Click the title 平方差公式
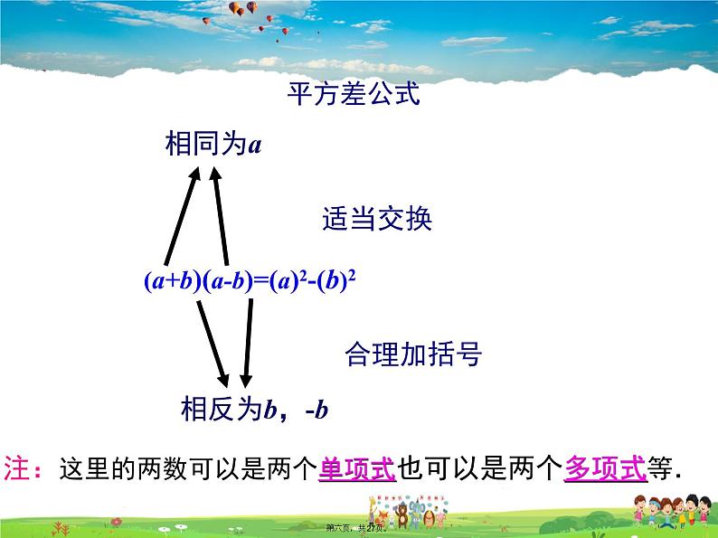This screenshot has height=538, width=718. [x=354, y=94]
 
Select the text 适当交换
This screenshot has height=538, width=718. [x=377, y=219]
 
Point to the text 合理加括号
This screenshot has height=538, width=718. [x=412, y=354]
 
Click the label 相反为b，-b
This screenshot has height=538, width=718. [x=254, y=411]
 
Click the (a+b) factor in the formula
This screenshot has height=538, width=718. [x=171, y=281]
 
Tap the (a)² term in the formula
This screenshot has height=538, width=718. [x=284, y=281]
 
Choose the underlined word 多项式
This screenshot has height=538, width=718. [x=605, y=468]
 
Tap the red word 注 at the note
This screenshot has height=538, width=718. [x=18, y=468]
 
